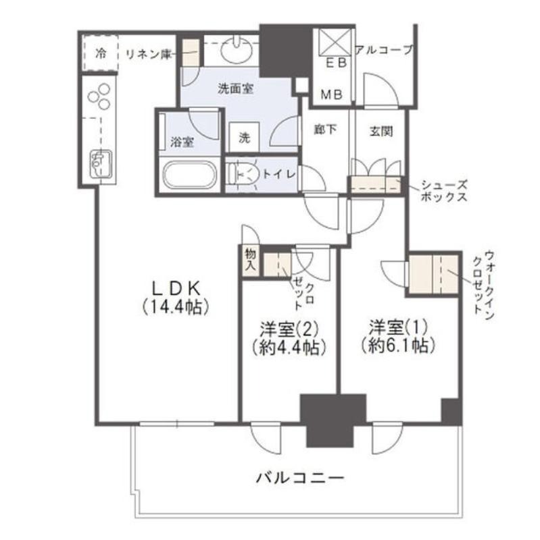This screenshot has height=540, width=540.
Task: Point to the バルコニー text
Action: tap(300, 478)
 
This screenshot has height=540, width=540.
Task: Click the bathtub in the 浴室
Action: tap(190, 175)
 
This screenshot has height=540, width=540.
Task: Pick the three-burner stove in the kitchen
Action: tap(99, 97)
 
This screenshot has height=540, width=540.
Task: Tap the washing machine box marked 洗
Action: tap(245, 137)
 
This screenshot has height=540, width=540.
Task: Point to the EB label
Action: tap(336, 63)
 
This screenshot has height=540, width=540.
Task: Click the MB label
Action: tap(332, 94)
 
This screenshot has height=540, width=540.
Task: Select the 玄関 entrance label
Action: tap(381, 131)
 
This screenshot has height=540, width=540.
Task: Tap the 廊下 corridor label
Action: tap(325, 130)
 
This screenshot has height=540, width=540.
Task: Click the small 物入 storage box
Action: tap(251, 260)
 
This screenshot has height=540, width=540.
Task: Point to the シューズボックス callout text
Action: tap(444, 191)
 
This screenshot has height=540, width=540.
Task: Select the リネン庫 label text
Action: tap(148, 54)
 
